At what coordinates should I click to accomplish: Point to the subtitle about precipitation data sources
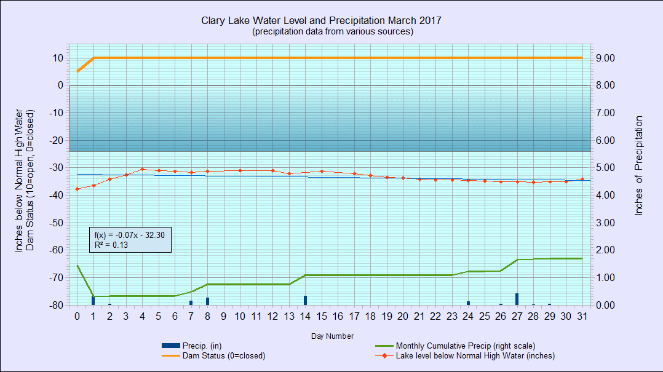pos(333,31)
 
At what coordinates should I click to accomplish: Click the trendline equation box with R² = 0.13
pos(130,240)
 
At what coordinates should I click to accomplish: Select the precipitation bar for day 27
pos(517,299)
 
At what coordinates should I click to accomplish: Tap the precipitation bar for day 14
pos(305,300)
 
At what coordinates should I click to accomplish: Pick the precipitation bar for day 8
pos(208,301)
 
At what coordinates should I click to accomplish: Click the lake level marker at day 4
pos(142,169)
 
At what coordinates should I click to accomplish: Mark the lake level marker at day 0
pos(77,189)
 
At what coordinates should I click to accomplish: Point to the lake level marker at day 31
pos(582,180)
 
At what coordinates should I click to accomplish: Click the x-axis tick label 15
pos(321,316)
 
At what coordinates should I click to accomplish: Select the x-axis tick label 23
pos(452,316)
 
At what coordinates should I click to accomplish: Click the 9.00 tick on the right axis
pos(605,58)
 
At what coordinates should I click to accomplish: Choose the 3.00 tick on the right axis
pos(605,223)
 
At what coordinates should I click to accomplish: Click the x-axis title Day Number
pos(332,336)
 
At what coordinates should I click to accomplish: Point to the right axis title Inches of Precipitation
pos(638,166)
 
